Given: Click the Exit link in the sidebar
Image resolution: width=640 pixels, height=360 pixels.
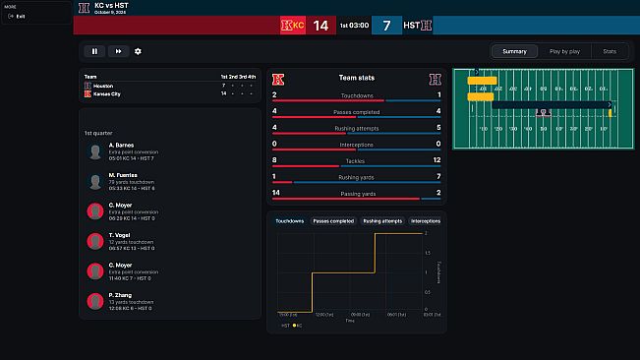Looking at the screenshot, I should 21,17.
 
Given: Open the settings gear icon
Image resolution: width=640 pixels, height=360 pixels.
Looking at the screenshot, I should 138,51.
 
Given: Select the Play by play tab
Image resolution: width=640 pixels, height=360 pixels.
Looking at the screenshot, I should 563,51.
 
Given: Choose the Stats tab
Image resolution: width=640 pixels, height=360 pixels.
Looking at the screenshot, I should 610,51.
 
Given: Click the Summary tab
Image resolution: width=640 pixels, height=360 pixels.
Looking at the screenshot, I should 514,51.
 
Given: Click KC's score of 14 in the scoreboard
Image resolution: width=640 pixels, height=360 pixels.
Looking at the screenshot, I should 320,26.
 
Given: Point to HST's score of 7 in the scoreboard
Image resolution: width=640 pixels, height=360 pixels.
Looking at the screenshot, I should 387,26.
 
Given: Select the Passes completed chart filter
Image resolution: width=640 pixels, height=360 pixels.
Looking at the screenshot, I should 333,221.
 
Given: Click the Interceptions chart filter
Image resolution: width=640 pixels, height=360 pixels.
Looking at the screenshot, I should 426,221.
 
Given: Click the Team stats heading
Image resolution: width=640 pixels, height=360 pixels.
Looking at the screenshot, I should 356,78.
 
